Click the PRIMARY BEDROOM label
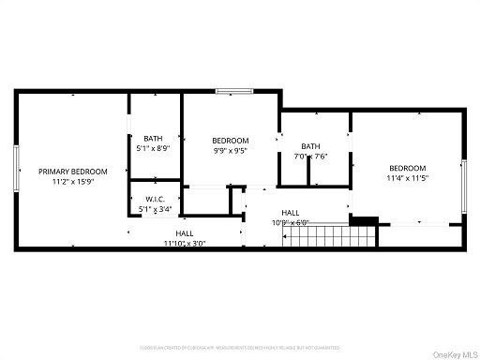pyautogui.click(x=72, y=172)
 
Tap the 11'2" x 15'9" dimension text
pyautogui.click(x=72, y=182)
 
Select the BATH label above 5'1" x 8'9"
pyautogui.click(x=153, y=138)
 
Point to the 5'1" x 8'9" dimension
pyautogui.click(x=153, y=148)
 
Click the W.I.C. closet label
pyautogui.click(x=155, y=199)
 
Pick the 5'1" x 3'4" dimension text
pyautogui.click(x=155, y=209)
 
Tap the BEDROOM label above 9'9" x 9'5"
pyautogui.click(x=230, y=141)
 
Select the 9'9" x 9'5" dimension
pyautogui.click(x=230, y=151)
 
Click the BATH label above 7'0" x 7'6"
pyautogui.click(x=311, y=146)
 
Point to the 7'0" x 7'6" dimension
pyautogui.click(x=311, y=157)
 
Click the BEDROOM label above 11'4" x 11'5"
pyautogui.click(x=407, y=168)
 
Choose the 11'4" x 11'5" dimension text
pyautogui.click(x=407, y=178)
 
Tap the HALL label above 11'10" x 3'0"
pyautogui.click(x=185, y=232)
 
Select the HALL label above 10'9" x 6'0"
pyautogui.click(x=291, y=213)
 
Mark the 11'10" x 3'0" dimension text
pyautogui.click(x=185, y=243)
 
